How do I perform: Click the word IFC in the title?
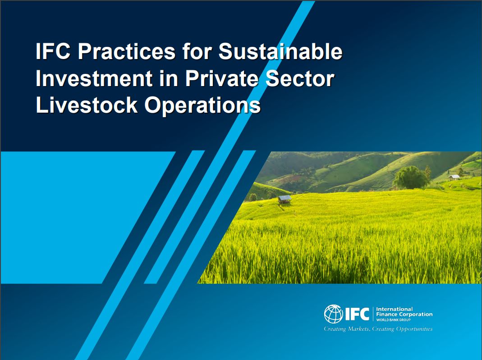[x=53, y=52]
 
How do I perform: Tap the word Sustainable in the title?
[x=280, y=52]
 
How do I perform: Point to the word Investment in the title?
[x=94, y=79]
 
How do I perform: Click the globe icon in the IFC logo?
[x=334, y=314]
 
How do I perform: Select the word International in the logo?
[x=394, y=309]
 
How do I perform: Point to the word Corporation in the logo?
[x=414, y=314]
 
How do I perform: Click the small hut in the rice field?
[x=285, y=199]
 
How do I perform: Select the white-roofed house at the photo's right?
[x=454, y=177]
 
